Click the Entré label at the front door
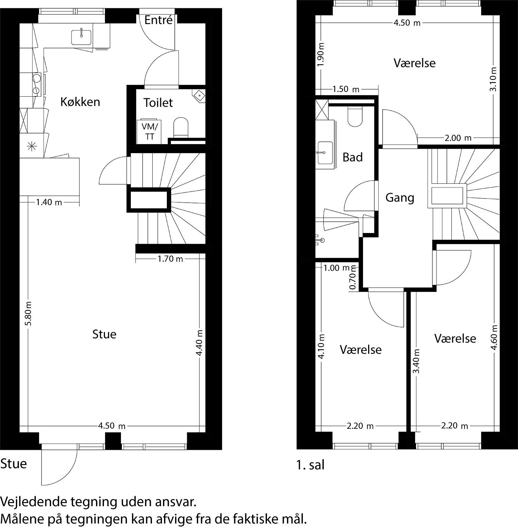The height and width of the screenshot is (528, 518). click(158, 20)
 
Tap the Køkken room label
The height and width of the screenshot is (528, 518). click(80, 102)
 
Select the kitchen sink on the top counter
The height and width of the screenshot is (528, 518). click(81, 37)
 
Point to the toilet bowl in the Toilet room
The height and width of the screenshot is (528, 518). click(181, 127)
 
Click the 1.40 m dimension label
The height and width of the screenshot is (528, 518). click(49, 202)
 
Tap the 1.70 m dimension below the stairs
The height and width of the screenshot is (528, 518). click(170, 259)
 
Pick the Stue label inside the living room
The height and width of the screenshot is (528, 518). click(104, 334)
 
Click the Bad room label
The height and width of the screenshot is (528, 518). click(353, 157)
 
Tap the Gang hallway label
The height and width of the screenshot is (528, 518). click(400, 198)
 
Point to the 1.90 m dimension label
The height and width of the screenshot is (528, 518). click(321, 55)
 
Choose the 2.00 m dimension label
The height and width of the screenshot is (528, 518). click(458, 138)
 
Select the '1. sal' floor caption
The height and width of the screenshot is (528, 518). click(310, 465)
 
